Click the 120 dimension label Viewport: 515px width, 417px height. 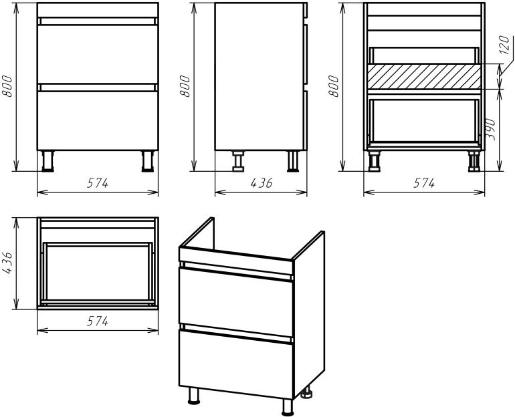[x=504, y=45]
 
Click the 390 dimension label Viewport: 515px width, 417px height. [x=491, y=129]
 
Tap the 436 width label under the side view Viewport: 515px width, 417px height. [x=261, y=183]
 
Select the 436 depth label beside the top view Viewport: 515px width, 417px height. [x=7, y=263]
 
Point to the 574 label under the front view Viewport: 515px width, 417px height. [x=98, y=183]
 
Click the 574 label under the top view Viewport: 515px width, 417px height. [x=98, y=321]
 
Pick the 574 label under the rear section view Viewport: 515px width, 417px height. [x=424, y=183]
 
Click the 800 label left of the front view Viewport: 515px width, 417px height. [x=7, y=86]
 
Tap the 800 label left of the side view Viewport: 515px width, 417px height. [x=185, y=86]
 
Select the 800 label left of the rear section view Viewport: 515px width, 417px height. [x=334, y=86]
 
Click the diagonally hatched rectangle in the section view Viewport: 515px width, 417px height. [x=424, y=77]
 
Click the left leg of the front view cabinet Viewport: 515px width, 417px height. [x=48, y=161]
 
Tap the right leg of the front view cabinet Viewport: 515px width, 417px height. [x=147, y=161]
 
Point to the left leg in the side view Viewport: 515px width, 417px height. [x=239, y=161]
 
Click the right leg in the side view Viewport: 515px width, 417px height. [x=293, y=161]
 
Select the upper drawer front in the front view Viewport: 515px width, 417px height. [x=98, y=54]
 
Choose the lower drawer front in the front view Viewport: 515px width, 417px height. [x=98, y=120]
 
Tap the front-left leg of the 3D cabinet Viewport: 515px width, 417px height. [x=194, y=396]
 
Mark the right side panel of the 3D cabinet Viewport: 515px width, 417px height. [x=309, y=313]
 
